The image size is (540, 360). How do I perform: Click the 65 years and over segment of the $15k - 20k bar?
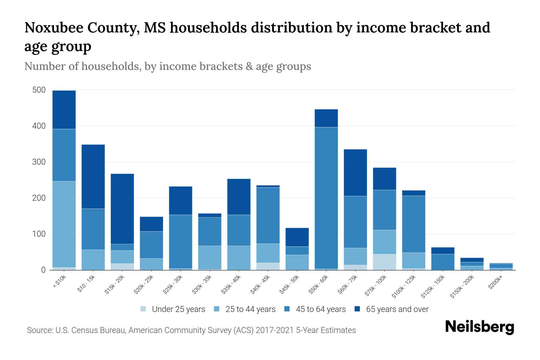click(122, 209)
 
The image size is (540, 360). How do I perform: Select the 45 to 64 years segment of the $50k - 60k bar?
click(326, 198)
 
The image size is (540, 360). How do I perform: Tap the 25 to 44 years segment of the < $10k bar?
click(64, 224)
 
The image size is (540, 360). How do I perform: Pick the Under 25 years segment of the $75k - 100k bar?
click(384, 262)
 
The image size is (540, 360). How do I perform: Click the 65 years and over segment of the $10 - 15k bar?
click(93, 176)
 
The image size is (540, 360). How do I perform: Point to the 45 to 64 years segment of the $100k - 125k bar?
click(413, 224)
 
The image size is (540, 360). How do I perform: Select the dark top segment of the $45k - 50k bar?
click(297, 237)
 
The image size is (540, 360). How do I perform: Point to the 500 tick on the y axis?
click(39, 90)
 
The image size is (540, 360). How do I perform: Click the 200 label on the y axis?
click(39, 198)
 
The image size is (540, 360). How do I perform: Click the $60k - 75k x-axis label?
click(348, 285)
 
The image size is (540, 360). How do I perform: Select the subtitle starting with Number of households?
click(167, 66)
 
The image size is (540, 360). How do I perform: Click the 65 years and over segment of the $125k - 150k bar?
click(442, 250)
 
